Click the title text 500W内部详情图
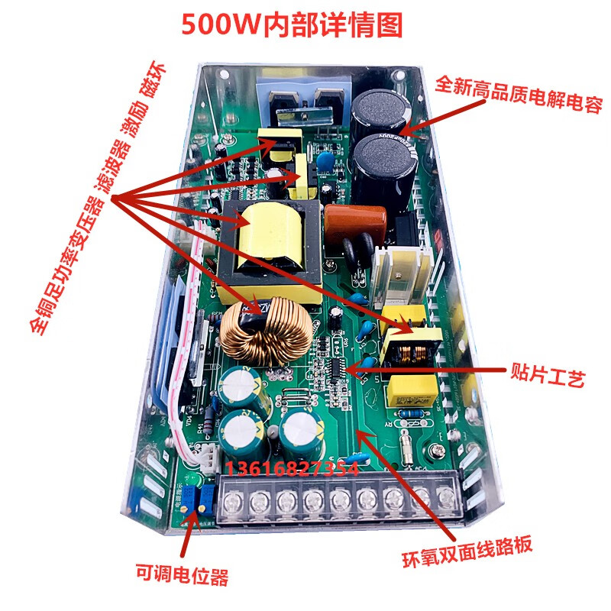point(291,25)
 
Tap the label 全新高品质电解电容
point(519,88)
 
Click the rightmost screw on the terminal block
point(446,499)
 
